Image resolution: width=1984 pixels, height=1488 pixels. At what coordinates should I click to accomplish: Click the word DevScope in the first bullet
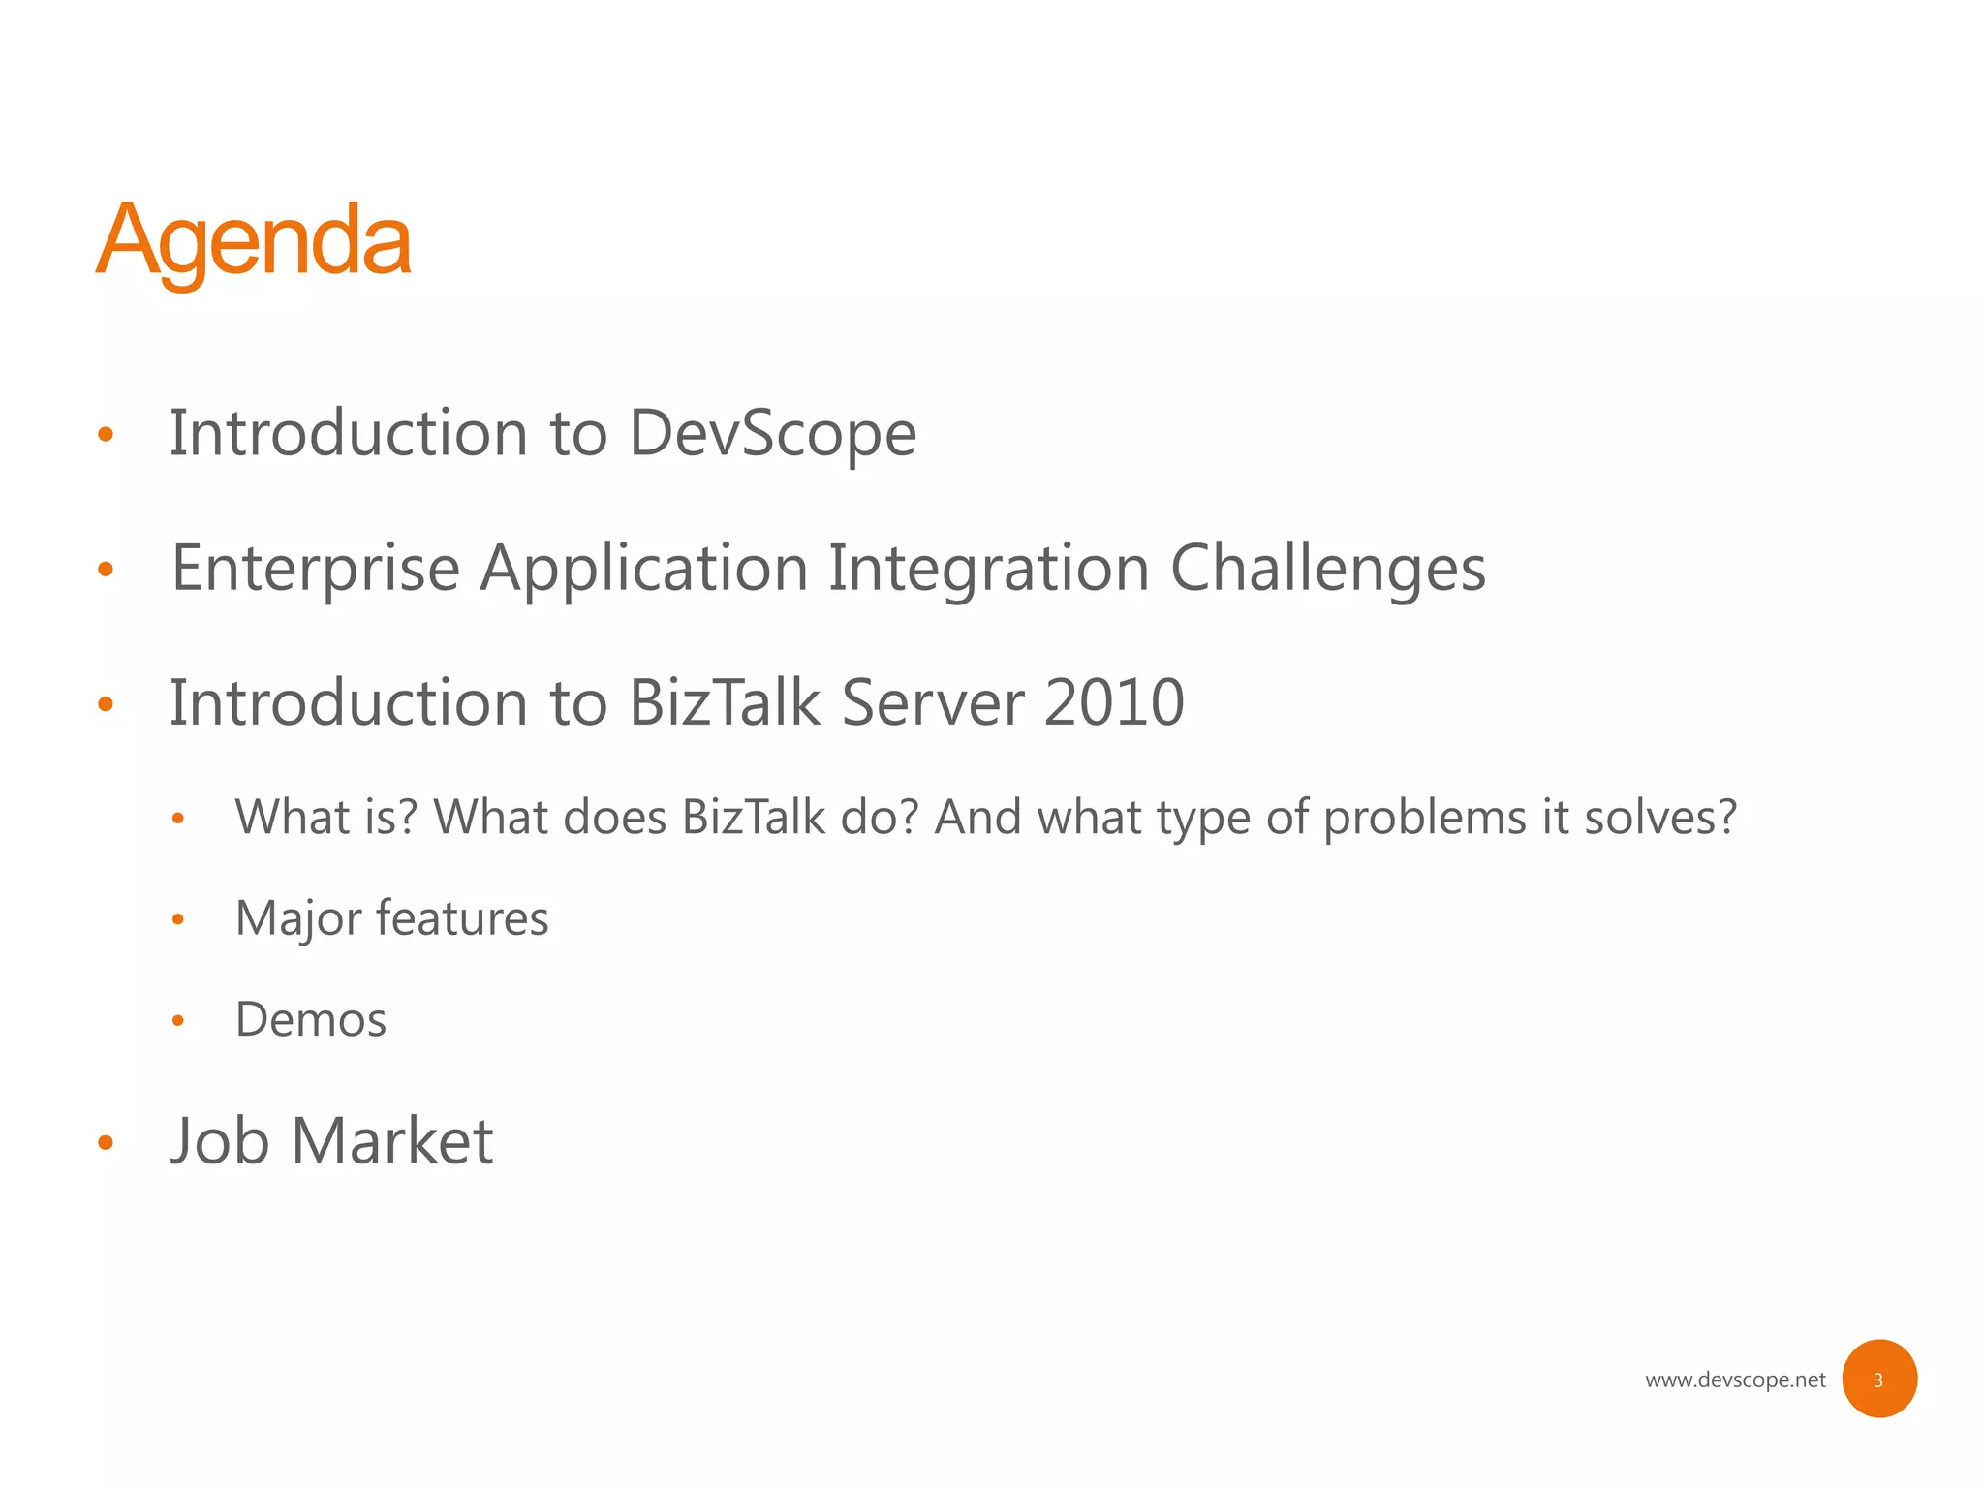[x=772, y=433]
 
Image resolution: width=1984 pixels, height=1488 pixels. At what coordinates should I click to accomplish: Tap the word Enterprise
[x=315, y=568]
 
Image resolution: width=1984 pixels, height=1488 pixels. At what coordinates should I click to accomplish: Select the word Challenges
[x=1327, y=568]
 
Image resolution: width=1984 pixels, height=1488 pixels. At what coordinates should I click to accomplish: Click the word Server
[x=932, y=702]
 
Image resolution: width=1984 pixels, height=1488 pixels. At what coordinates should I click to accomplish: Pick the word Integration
[x=988, y=568]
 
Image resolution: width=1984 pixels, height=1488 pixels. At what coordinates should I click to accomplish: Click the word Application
[x=644, y=568]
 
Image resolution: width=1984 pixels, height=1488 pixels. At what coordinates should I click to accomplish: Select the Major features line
[x=391, y=918]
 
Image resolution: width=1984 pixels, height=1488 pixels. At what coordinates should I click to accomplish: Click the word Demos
[x=311, y=1019]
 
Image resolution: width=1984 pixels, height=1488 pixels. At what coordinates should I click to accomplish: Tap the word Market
[x=392, y=1141]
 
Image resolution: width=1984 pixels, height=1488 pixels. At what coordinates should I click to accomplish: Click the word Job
[x=220, y=1141]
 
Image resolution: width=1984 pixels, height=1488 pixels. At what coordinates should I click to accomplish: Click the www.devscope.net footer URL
[x=1734, y=1379]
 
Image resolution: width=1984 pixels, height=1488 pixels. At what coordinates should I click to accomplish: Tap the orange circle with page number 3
[x=1878, y=1379]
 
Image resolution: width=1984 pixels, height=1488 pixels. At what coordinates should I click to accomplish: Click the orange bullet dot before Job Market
[x=106, y=1143]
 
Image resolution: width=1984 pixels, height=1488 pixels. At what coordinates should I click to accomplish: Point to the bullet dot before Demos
[x=177, y=1020]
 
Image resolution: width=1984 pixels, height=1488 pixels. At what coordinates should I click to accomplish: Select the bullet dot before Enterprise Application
[x=106, y=570]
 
